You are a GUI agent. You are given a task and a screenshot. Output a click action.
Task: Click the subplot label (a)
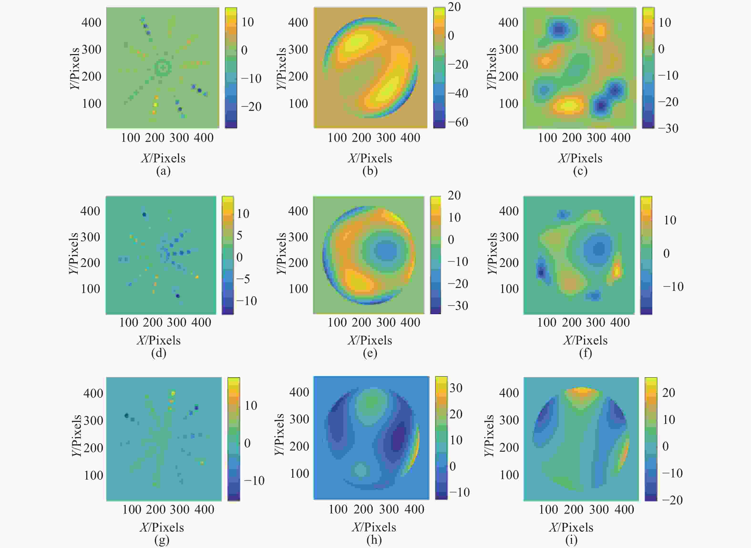[163, 171]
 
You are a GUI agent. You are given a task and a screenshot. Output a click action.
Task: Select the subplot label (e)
[370, 353]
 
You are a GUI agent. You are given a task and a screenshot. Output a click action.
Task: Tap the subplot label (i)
[571, 540]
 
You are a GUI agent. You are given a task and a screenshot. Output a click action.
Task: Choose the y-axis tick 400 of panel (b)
[298, 23]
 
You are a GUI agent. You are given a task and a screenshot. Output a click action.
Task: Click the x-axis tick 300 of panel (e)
[386, 323]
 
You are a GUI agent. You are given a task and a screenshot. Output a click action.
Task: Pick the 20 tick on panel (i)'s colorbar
[669, 393]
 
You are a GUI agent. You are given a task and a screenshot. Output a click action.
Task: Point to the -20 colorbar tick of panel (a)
[251, 107]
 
